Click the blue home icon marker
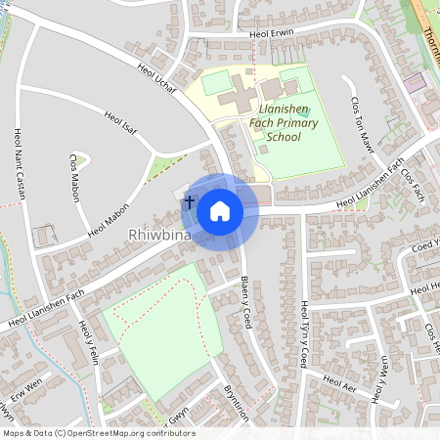220,210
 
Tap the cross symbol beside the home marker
190,199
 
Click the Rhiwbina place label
161,236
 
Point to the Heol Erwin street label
271,33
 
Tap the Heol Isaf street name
122,126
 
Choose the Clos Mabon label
74,178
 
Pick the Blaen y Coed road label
246,302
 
